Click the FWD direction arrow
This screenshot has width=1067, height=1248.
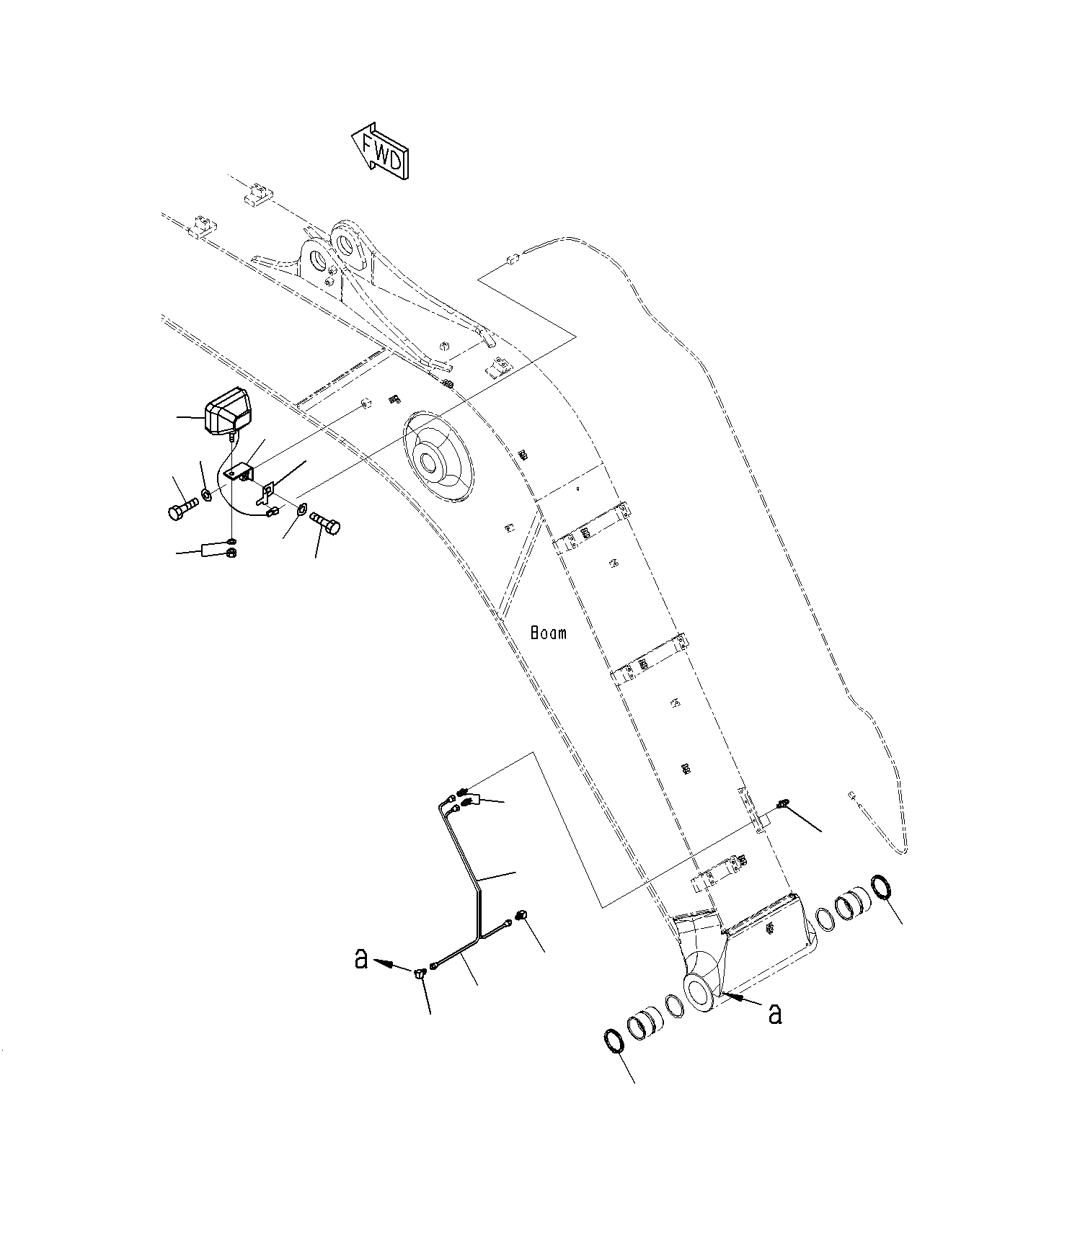click(x=380, y=151)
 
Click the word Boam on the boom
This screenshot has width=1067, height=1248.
click(x=549, y=633)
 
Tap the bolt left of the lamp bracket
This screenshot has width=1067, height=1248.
click(x=181, y=507)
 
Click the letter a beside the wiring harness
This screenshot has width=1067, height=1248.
click(x=361, y=959)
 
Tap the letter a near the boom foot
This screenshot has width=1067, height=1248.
click(x=775, y=1014)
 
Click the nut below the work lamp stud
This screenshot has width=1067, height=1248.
click(x=231, y=553)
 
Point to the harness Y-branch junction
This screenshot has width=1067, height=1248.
click(x=477, y=938)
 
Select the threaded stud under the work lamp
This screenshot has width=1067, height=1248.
click(x=231, y=436)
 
